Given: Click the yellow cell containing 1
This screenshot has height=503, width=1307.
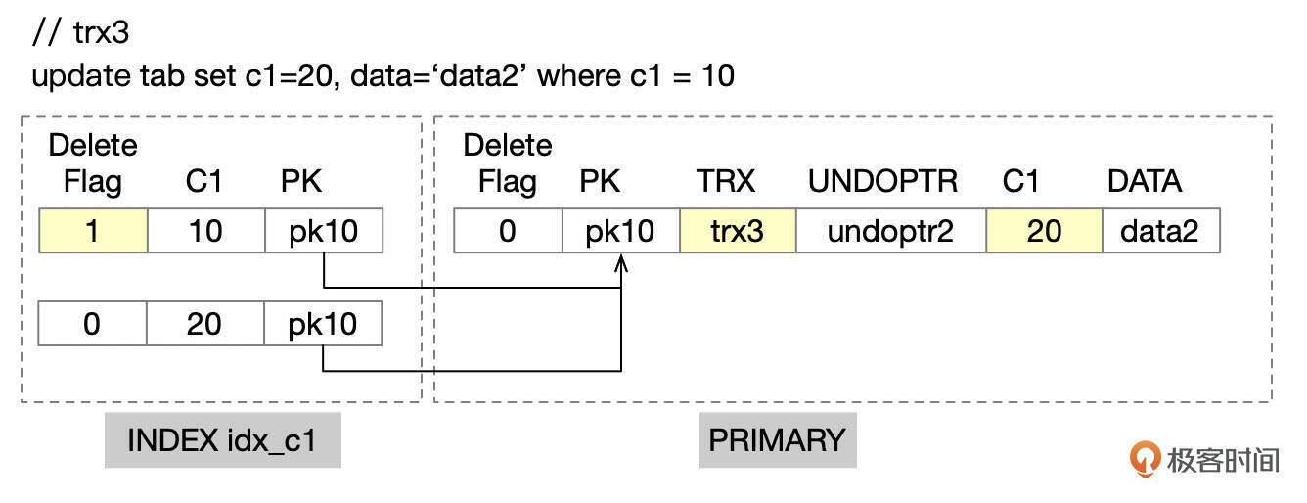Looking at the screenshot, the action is (x=93, y=231).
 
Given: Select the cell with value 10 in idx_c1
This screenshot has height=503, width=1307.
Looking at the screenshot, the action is (x=206, y=231).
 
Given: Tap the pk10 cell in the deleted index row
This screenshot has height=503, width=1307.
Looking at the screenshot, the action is (x=325, y=231).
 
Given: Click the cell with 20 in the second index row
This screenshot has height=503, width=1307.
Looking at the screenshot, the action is (x=205, y=323).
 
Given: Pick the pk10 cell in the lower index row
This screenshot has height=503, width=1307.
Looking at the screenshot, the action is (x=323, y=323).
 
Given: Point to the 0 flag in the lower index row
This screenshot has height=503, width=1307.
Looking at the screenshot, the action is (x=92, y=323).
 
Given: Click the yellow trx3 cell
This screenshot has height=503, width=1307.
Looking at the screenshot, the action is (x=738, y=231).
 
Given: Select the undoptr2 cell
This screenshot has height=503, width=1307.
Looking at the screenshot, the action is (x=891, y=231).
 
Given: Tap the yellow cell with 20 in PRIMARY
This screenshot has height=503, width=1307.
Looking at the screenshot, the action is (x=1045, y=231).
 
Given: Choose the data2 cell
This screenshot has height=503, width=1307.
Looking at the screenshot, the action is (x=1161, y=231).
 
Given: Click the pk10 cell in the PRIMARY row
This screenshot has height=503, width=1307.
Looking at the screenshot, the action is (x=621, y=231).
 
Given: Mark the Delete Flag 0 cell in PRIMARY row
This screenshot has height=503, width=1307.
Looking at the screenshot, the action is (x=508, y=231).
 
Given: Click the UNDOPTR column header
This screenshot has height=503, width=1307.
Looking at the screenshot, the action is (x=882, y=181).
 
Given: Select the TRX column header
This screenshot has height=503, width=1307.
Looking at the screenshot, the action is (x=725, y=181).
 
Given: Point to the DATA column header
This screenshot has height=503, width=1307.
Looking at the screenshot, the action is (x=1145, y=181).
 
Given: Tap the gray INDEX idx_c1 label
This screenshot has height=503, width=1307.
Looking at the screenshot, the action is (x=223, y=440).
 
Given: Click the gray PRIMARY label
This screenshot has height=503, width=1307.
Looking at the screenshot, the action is (x=778, y=440).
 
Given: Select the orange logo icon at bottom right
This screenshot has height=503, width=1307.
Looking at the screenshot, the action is (x=1145, y=459).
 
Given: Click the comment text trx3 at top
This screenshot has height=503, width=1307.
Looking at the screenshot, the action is (x=101, y=32).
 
